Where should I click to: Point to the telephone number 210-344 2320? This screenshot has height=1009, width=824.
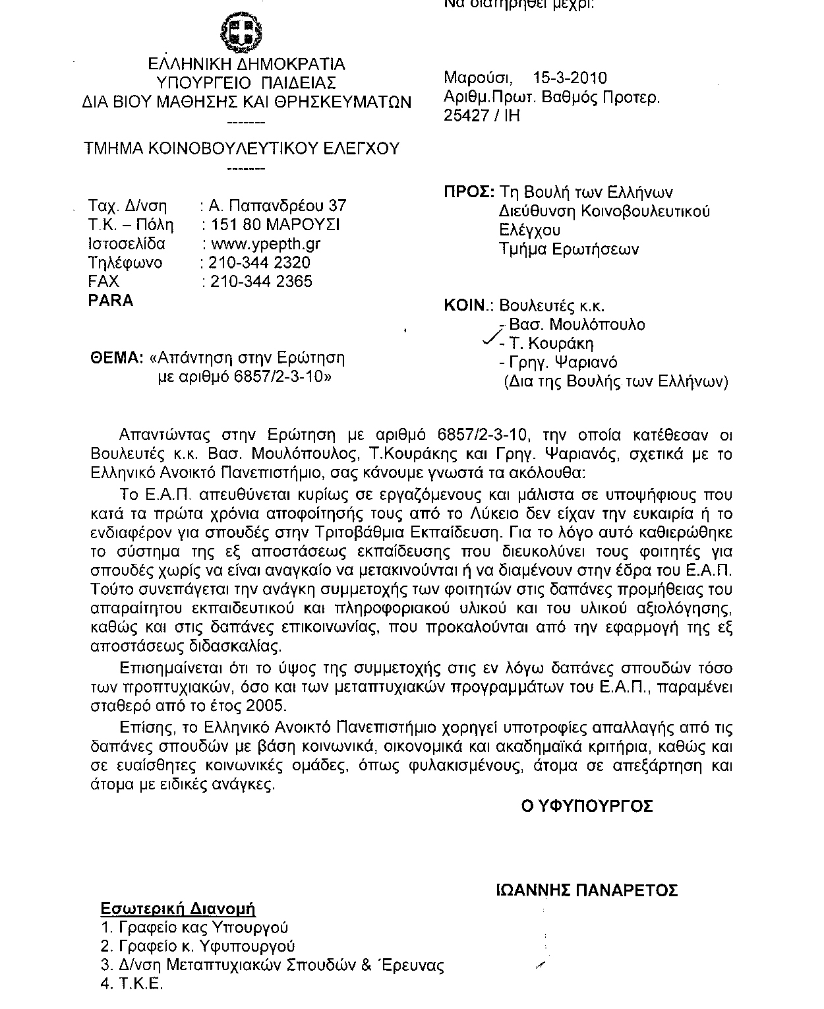click(260, 262)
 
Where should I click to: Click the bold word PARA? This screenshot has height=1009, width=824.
click(111, 301)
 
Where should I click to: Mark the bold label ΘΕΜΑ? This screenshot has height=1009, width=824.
click(117, 358)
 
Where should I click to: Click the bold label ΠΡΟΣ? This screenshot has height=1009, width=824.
click(469, 193)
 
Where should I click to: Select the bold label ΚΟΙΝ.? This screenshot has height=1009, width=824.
click(469, 306)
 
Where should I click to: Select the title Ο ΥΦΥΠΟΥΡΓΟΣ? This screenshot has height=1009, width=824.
click(587, 806)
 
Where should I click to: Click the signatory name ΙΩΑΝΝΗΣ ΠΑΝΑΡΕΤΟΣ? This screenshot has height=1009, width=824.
click(587, 891)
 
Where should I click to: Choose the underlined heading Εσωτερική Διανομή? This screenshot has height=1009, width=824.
click(178, 909)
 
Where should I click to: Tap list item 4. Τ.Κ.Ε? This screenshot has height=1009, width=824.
click(131, 985)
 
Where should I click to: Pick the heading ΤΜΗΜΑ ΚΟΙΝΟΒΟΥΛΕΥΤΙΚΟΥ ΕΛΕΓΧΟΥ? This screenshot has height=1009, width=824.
click(241, 148)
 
